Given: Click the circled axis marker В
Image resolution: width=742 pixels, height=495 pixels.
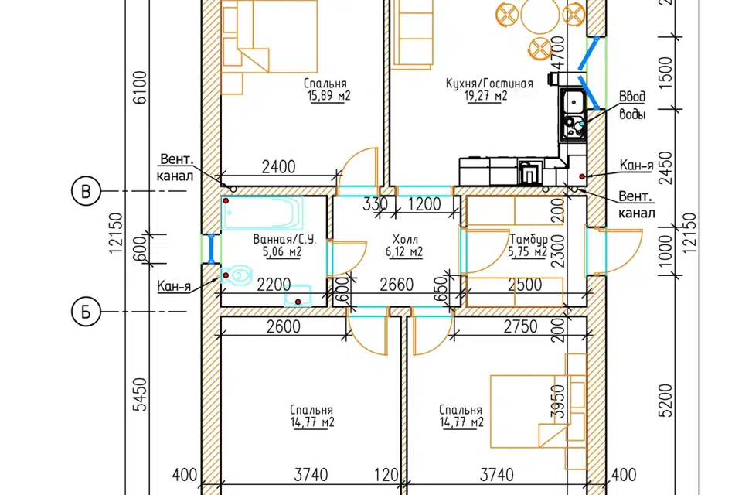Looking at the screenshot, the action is click(86, 191).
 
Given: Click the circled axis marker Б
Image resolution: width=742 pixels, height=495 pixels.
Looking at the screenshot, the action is click(86, 312).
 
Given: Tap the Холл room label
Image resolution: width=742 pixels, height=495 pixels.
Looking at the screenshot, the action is click(404, 239).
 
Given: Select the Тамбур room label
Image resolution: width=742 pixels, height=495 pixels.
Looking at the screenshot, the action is click(528, 239).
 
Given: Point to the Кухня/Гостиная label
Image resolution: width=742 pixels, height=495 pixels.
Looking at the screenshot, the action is click(489, 84).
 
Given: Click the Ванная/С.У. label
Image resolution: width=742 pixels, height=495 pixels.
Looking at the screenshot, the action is click(284, 239).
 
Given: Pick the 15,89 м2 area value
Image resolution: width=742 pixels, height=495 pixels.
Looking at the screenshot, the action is click(329, 96).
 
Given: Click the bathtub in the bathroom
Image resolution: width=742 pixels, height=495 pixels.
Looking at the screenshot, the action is click(262, 213).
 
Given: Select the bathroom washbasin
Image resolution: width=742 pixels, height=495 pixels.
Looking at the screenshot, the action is click(298, 295).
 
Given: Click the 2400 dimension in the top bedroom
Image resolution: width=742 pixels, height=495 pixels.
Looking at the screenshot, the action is click(278, 167).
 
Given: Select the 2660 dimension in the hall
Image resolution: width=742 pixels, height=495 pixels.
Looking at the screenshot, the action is click(397, 285).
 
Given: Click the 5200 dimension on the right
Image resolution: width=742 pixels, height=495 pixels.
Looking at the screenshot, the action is click(665, 401).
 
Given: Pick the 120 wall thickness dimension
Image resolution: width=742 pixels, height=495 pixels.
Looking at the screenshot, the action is click(386, 475).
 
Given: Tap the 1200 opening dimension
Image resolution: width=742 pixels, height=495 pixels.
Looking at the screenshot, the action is click(424, 204).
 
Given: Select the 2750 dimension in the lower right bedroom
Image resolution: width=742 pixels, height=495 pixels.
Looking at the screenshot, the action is click(520, 326).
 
